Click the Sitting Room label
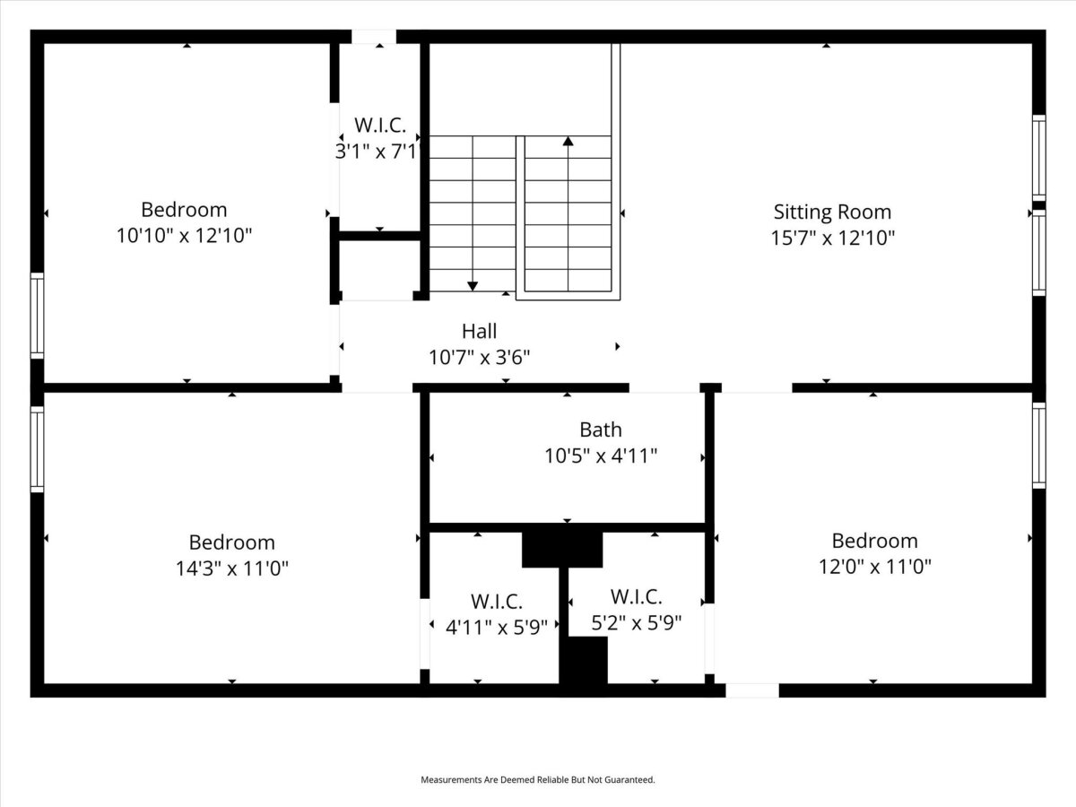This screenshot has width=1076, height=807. (832, 213)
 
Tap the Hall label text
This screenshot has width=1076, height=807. (479, 331)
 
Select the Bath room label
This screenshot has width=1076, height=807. (601, 430)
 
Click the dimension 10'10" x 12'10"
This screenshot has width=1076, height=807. (185, 236)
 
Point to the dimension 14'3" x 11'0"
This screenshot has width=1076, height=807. (232, 568)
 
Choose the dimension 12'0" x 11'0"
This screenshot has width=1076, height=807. (875, 567)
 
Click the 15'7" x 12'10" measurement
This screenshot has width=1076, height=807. (833, 239)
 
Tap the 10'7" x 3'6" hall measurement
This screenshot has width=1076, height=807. (480, 357)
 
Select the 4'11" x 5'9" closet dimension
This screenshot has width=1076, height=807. (496, 627)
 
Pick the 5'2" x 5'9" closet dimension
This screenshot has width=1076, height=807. (637, 623)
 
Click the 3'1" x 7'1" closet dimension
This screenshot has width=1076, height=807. (377, 152)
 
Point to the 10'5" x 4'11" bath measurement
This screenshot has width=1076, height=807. (601, 456)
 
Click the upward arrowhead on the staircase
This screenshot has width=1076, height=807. (568, 141)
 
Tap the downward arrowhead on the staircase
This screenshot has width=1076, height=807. (473, 286)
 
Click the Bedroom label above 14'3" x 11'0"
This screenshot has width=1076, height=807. (232, 542)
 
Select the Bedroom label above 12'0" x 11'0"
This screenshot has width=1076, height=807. (875, 541)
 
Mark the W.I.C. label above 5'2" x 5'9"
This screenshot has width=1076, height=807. (637, 597)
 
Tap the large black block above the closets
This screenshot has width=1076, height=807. (562, 550)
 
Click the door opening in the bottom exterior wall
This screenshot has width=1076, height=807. (752, 690)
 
